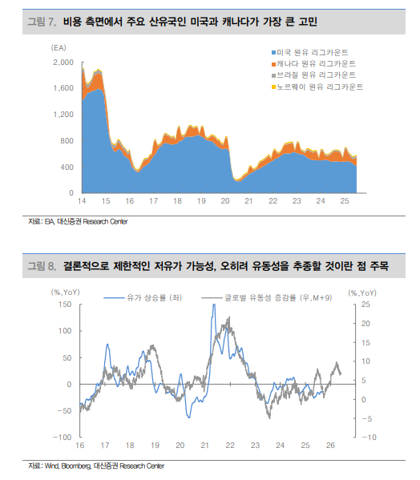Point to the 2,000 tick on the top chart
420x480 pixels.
(63, 62)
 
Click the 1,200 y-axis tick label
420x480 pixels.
(63, 115)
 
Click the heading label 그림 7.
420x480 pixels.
(41, 18)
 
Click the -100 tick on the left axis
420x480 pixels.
(61, 438)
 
